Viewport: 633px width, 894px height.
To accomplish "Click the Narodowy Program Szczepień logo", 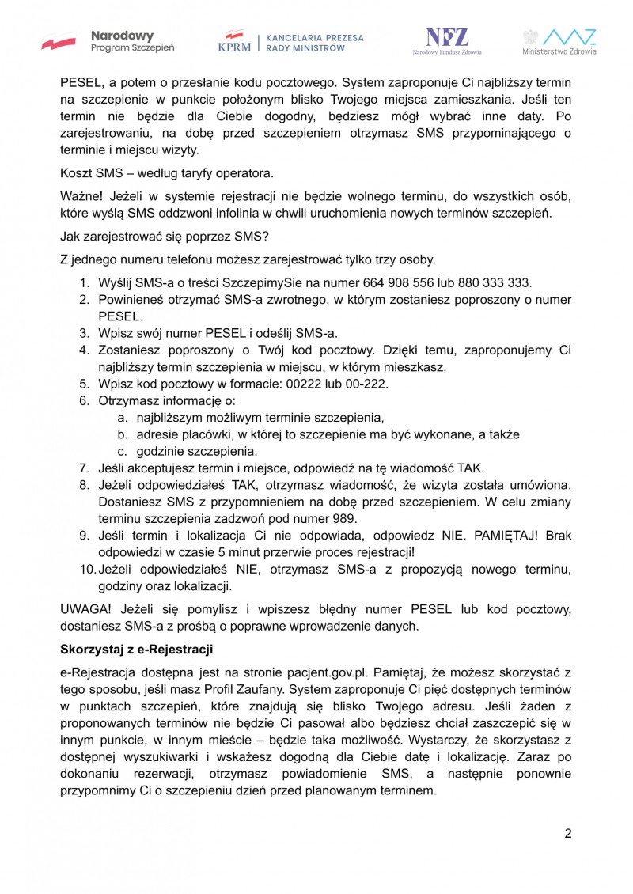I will click(108, 41).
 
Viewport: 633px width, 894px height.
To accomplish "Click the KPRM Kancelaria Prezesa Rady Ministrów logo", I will click(290, 42).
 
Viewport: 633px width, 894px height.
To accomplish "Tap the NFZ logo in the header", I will click(447, 41).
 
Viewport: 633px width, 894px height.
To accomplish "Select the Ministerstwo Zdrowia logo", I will click(559, 41).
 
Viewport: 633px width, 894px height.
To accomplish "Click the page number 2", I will click(567, 833).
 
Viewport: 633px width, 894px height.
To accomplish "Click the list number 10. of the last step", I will click(87, 570).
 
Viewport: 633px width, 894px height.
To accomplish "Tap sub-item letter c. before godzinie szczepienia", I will click(123, 451).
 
